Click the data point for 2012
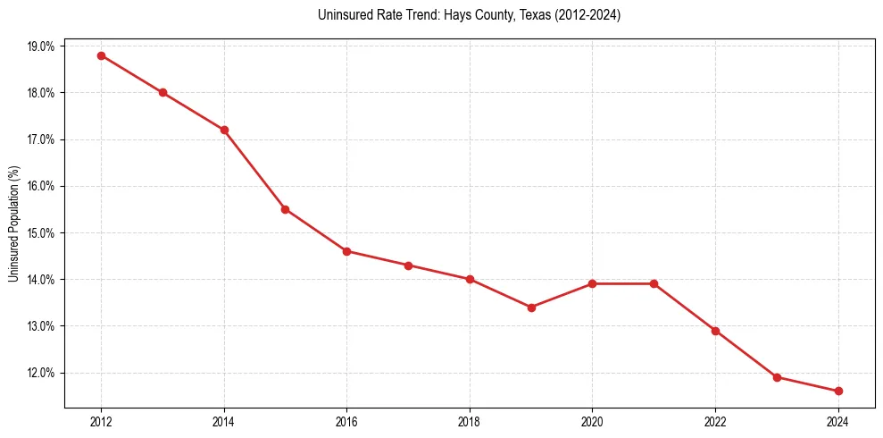pos(101,55)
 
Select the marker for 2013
pos(162,93)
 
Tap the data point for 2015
pos(285,209)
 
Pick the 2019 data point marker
pos(531,307)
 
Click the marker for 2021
pos(654,283)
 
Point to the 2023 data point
pos(777,377)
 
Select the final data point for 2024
pos(838,391)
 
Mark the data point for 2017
pos(408,265)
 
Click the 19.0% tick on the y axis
pos(40,46)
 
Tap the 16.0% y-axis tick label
pos(40,186)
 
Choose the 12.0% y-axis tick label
pos(40,373)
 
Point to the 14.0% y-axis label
pos(40,280)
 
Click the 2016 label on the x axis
pos(346,422)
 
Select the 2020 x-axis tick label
pos(592,422)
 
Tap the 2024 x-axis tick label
pos(838,422)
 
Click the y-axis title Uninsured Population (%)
pos(13,223)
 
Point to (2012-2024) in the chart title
pos(580,15)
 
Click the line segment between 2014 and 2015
pos(254,170)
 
